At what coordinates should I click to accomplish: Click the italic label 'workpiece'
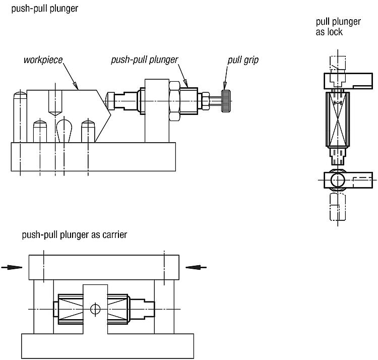pyautogui.click(x=43, y=60)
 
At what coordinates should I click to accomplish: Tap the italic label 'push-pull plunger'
pyautogui.click(x=145, y=60)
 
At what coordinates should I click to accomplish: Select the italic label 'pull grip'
pyautogui.click(x=243, y=60)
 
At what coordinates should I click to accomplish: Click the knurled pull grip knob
pyautogui.click(x=226, y=101)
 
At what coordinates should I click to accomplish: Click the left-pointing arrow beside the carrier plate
pyautogui.click(x=196, y=267)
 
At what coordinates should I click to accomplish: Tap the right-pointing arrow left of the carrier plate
pyautogui.click(x=12, y=267)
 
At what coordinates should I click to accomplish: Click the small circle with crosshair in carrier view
pyautogui.click(x=95, y=309)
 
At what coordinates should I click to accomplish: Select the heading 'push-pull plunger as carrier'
pyautogui.click(x=74, y=234)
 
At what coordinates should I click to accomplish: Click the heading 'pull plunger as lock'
pyautogui.click(x=338, y=27)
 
